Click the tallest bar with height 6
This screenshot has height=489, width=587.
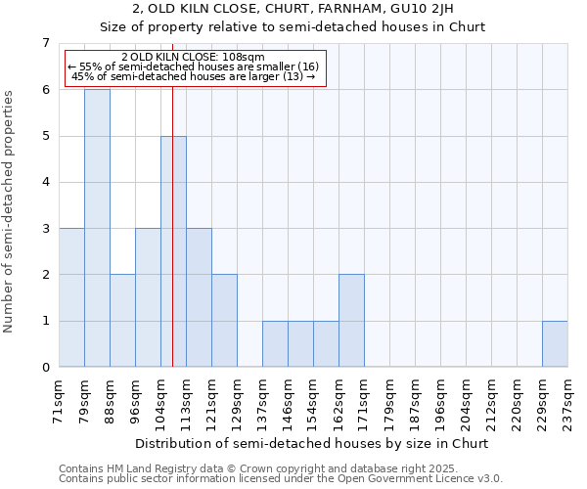[97, 228]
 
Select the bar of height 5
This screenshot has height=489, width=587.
[173, 251]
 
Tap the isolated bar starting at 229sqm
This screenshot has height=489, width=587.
[555, 343]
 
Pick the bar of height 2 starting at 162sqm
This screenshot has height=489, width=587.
[351, 321]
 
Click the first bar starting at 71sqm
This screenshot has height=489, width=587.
[71, 297]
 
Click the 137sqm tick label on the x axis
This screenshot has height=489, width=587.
[263, 401]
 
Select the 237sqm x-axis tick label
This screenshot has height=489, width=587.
[568, 401]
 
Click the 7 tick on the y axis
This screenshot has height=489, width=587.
[45, 43]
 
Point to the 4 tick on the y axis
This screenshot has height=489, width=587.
[45, 182]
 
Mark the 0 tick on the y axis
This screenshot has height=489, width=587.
[45, 367]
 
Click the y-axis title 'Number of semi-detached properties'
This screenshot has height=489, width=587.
[10, 211]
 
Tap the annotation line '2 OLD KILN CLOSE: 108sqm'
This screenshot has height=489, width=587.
[193, 57]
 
